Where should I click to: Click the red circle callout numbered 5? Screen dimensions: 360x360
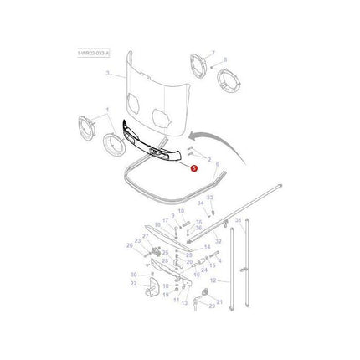pos(194,167)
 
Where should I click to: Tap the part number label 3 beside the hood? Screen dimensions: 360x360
pos(107,75)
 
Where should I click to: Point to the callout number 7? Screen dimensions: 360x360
pos(213,52)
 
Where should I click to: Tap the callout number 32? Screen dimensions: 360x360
pos(218,241)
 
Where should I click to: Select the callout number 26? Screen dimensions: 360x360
pos(129,245)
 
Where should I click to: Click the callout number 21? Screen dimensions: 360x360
pos(219,301)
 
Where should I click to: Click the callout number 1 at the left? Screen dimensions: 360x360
pos(106,111)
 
